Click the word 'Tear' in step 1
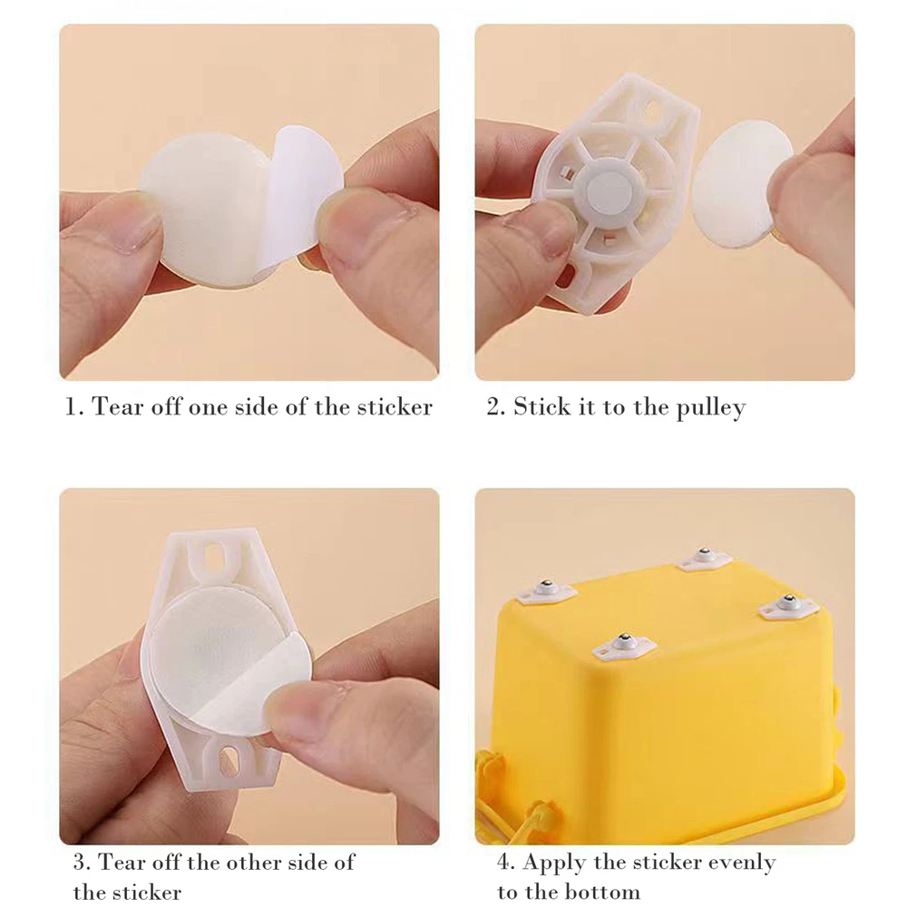(x=117, y=406)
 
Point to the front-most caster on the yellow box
(x=625, y=647)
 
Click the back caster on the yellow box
(x=704, y=558)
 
